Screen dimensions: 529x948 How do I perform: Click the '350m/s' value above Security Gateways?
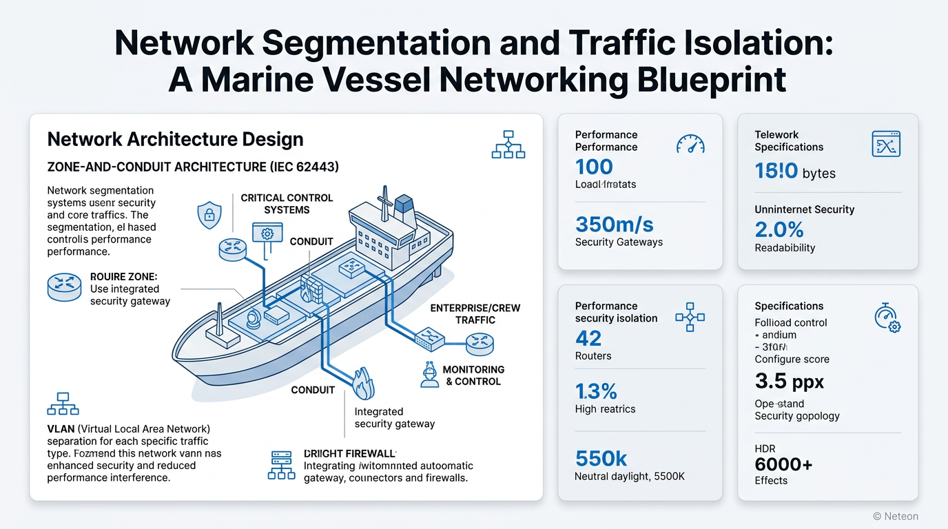click(x=614, y=225)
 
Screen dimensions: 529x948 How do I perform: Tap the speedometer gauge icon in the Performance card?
click(x=690, y=143)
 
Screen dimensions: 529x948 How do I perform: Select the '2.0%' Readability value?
click(x=779, y=230)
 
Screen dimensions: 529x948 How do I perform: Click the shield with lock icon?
click(x=209, y=216)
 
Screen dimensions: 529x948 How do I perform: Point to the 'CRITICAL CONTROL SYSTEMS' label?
click(x=287, y=204)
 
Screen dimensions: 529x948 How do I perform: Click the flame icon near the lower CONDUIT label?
click(x=363, y=383)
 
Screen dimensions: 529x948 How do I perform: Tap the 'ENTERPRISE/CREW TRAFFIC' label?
click(x=475, y=314)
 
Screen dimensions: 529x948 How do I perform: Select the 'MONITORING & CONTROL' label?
click(x=473, y=375)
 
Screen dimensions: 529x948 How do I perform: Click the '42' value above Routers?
click(x=588, y=338)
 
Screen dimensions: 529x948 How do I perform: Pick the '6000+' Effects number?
click(x=783, y=464)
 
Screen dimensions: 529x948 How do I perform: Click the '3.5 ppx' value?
click(x=789, y=382)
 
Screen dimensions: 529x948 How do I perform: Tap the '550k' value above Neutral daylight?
click(x=601, y=458)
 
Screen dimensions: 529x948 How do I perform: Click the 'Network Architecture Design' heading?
click(x=175, y=139)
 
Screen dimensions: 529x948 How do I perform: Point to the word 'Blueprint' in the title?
click(x=697, y=79)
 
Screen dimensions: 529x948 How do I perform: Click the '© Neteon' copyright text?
click(x=895, y=516)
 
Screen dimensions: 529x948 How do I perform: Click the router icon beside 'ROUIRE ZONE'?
click(x=64, y=287)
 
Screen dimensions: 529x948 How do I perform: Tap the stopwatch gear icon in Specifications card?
click(x=886, y=318)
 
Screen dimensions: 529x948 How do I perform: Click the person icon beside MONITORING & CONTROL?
click(x=429, y=375)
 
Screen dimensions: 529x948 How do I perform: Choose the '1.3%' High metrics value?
click(x=596, y=391)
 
